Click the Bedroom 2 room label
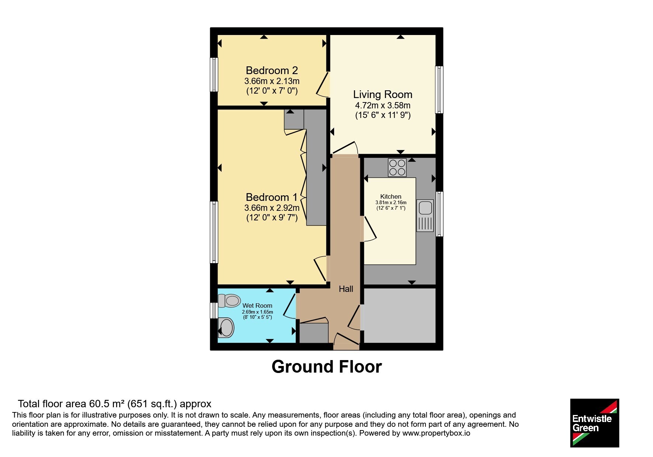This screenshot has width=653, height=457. click(272, 70)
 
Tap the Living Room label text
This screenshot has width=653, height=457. click(383, 95)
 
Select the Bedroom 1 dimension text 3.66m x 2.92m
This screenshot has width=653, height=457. click(272, 208)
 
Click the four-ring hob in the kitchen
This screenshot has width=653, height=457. click(397, 167)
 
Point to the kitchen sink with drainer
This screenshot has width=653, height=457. click(425, 216)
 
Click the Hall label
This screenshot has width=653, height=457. click(346, 289)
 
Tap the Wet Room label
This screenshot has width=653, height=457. click(257, 306)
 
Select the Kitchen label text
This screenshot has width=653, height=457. click(391, 196)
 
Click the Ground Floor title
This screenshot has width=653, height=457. click(327, 367)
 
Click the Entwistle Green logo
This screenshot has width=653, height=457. click(594, 423)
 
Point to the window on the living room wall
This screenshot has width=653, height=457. click(439, 90)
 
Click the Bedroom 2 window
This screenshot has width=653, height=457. click(214, 74)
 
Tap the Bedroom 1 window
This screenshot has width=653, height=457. click(214, 232)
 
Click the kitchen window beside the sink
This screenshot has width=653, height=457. click(439, 214)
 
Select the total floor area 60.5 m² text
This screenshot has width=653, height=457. click(114, 404)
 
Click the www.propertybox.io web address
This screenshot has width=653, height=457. click(436, 433)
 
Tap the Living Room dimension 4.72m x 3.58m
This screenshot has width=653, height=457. click(383, 105)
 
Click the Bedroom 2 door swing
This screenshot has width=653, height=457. click(323, 84)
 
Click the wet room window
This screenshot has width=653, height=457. click(214, 310)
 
